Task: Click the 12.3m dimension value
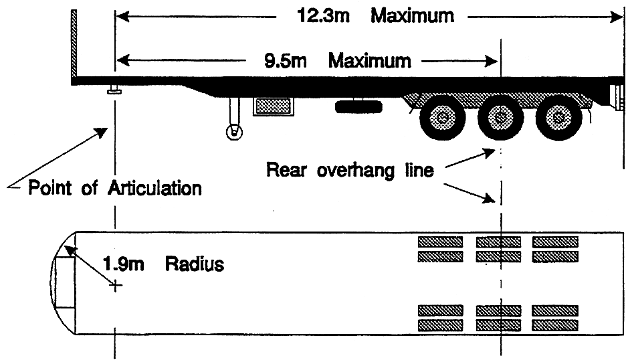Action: tap(323, 16)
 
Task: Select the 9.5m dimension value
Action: tap(285, 61)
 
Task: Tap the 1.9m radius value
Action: tap(123, 264)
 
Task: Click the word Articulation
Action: tap(154, 188)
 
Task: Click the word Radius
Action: tap(195, 264)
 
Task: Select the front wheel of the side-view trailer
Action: tap(443, 118)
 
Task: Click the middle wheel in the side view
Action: tap(501, 118)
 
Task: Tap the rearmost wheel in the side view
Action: tap(558, 118)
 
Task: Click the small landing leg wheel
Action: tap(234, 132)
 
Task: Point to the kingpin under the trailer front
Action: tap(114, 90)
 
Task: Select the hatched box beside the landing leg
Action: tap(273, 106)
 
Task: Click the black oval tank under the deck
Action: tap(358, 106)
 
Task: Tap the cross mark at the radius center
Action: tap(115, 286)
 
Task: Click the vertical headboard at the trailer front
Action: tap(74, 43)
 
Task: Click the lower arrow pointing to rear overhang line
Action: tap(469, 193)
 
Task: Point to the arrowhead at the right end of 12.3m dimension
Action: tap(615, 17)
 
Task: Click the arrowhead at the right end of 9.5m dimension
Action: tap(491, 62)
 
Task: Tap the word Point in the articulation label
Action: tap(50, 188)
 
